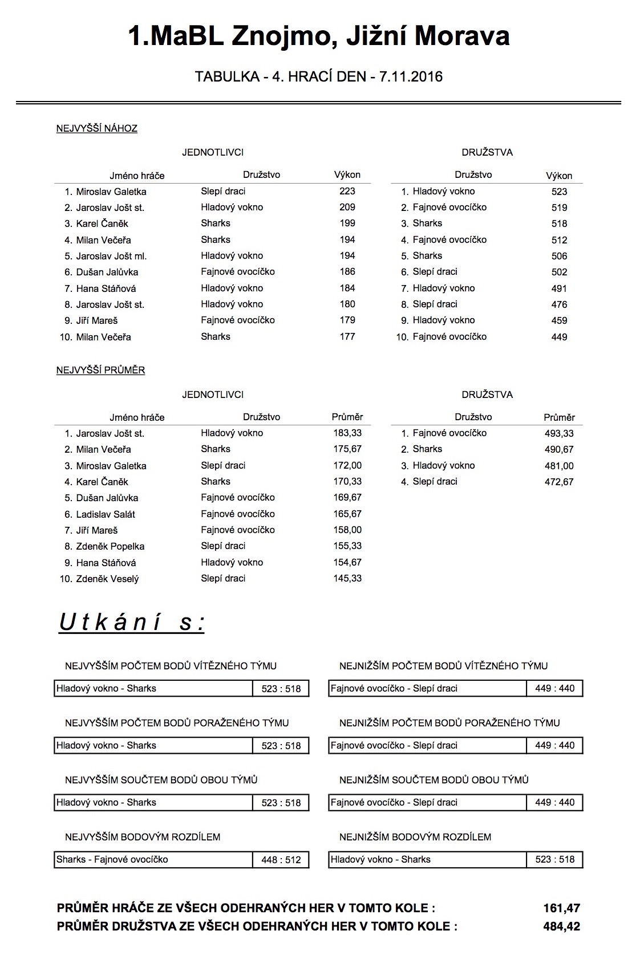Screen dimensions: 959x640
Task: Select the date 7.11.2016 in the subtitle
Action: click(407, 76)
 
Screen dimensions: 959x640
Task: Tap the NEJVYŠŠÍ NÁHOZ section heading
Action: click(97, 129)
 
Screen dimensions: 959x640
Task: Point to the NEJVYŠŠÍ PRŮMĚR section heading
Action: click(100, 371)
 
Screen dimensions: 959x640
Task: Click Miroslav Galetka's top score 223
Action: click(347, 192)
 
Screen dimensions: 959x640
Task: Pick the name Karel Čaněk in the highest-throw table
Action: click(102, 224)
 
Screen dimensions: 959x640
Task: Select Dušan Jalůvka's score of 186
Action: click(347, 272)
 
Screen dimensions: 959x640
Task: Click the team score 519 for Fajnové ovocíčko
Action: click(559, 208)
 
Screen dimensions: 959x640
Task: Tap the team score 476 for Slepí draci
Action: click(559, 304)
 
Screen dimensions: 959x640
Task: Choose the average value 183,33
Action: click(347, 433)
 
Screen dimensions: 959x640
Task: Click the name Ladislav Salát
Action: click(106, 514)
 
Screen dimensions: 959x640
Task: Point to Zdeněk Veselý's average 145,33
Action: click(347, 579)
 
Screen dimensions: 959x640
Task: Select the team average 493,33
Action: click(559, 433)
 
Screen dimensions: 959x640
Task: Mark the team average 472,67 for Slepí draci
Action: click(559, 482)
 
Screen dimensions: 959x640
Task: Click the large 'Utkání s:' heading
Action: click(132, 623)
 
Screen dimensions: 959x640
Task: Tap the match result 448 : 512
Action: click(281, 860)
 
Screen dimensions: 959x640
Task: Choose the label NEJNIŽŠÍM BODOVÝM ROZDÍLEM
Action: click(415, 837)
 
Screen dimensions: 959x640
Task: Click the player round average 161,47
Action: click(562, 908)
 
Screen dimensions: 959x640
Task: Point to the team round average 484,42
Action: click(562, 927)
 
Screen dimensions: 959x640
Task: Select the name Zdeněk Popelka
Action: click(110, 546)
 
